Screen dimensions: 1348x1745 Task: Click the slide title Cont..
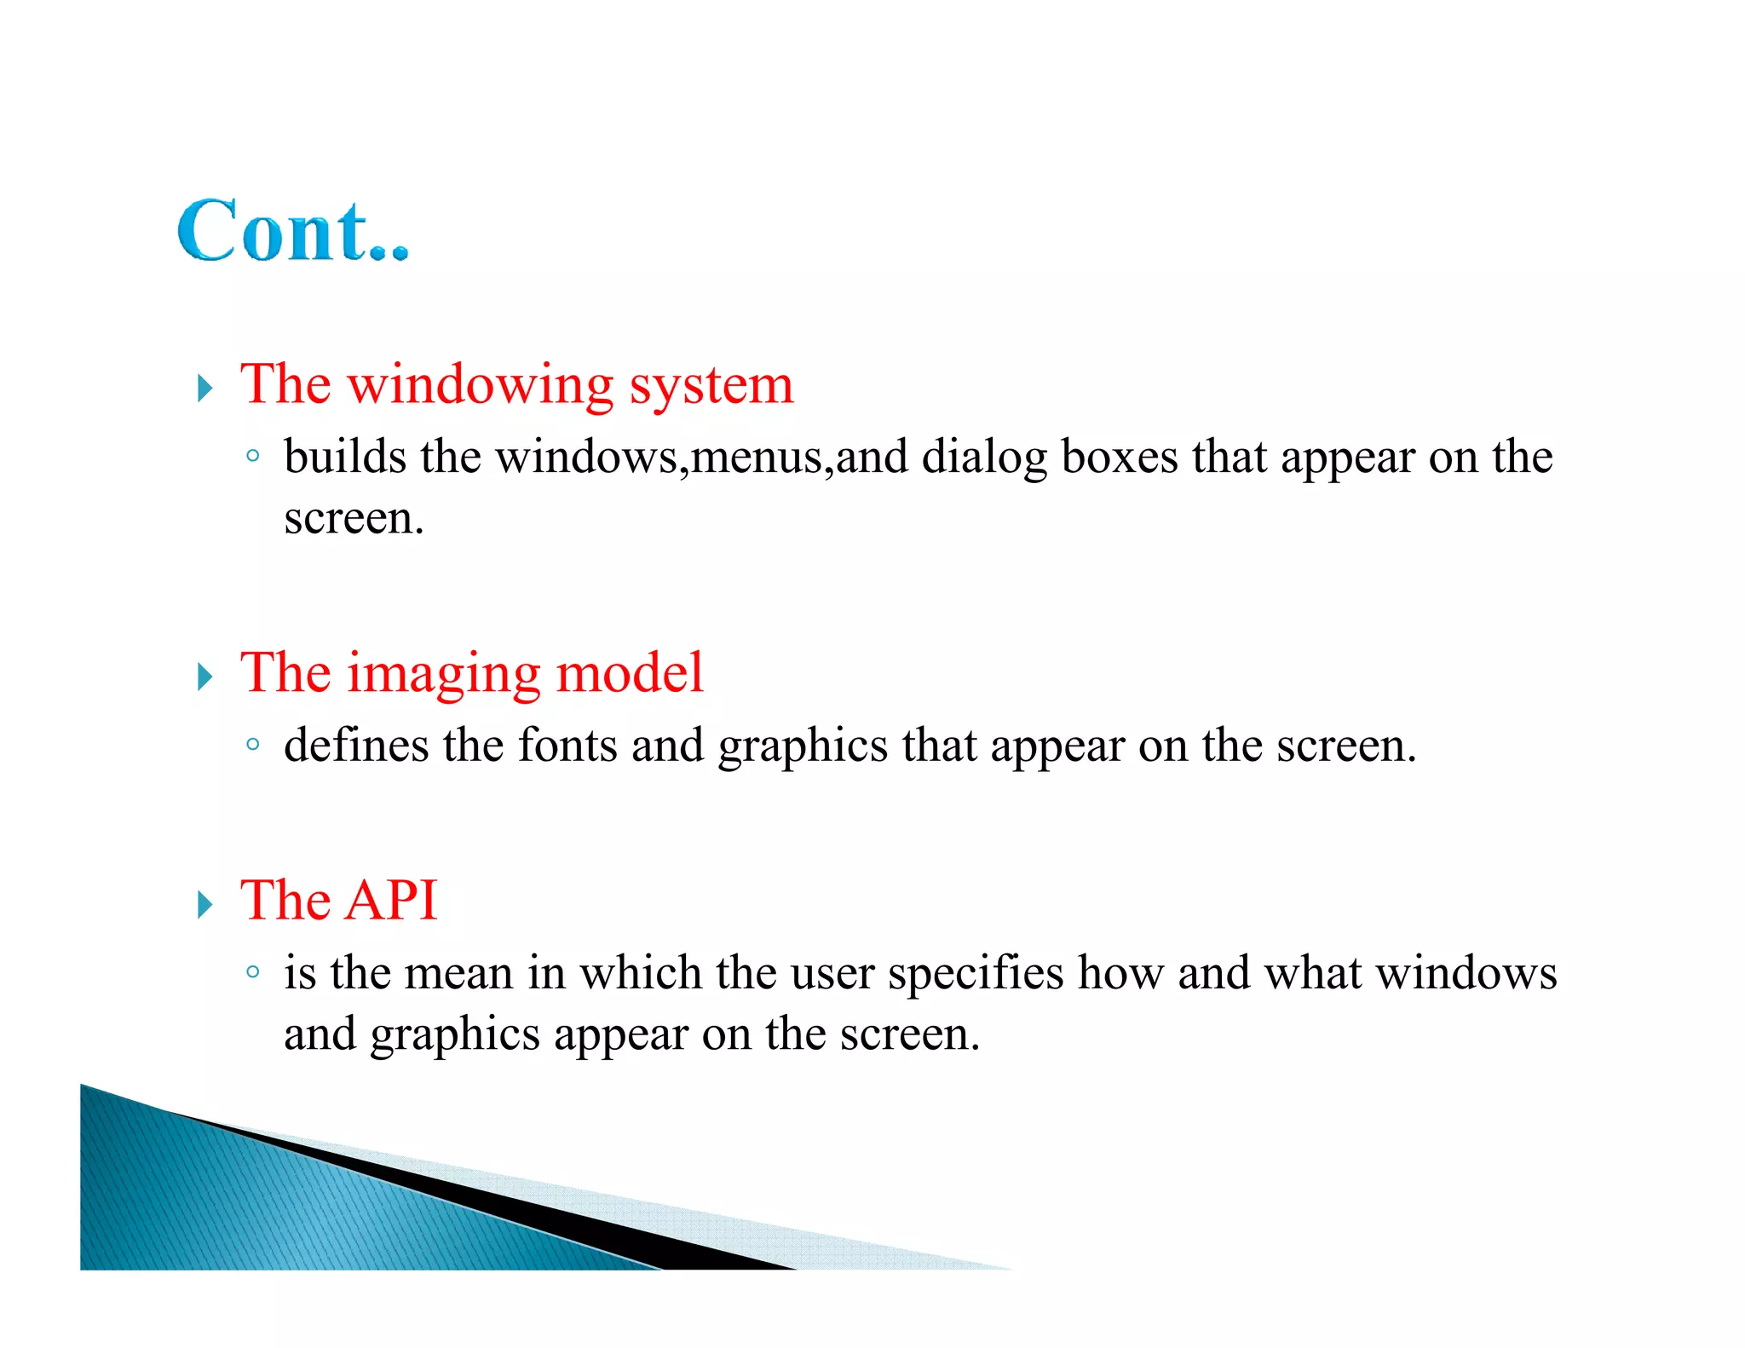pos(292,231)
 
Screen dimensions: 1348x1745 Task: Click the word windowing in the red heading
pos(481,386)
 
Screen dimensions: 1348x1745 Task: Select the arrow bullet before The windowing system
pos(204,389)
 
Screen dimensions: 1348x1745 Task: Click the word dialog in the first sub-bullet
pos(984,458)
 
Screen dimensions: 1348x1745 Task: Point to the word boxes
pos(1119,457)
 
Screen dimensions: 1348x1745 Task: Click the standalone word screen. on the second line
pos(354,519)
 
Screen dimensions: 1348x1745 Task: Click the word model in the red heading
pos(630,673)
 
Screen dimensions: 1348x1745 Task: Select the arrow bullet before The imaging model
pos(204,677)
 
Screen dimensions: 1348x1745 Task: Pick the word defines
pos(356,746)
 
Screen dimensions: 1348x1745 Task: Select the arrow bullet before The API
pos(204,904)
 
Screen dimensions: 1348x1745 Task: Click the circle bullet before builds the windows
pos(252,456)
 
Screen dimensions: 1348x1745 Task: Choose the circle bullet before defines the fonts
pos(252,744)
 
